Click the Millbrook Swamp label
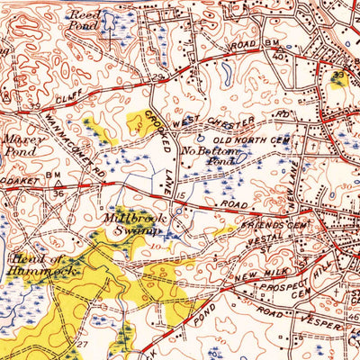point(131,224)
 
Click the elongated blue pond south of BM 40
point(225,68)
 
